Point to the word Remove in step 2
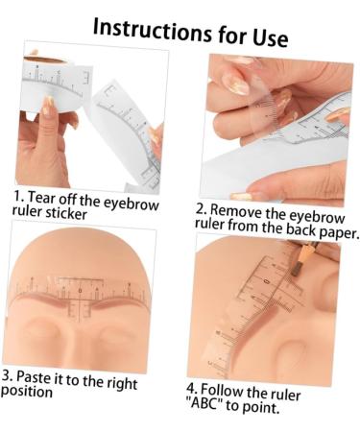[x=236, y=212]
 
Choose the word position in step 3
[x=27, y=392]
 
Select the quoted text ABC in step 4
[x=204, y=403]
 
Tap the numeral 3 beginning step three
[x=7, y=374]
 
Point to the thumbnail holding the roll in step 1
[x=48, y=107]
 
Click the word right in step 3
[x=122, y=383]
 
